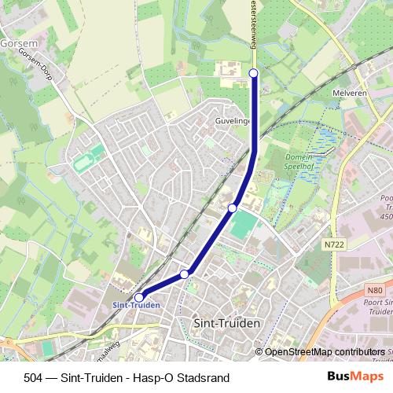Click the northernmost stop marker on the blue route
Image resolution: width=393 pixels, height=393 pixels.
253,73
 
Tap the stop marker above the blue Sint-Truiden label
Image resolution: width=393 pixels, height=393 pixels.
139,297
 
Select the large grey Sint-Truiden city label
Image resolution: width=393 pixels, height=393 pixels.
226,322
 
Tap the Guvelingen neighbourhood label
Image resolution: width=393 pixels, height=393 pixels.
233,122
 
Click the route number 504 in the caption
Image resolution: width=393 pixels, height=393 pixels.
35,378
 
